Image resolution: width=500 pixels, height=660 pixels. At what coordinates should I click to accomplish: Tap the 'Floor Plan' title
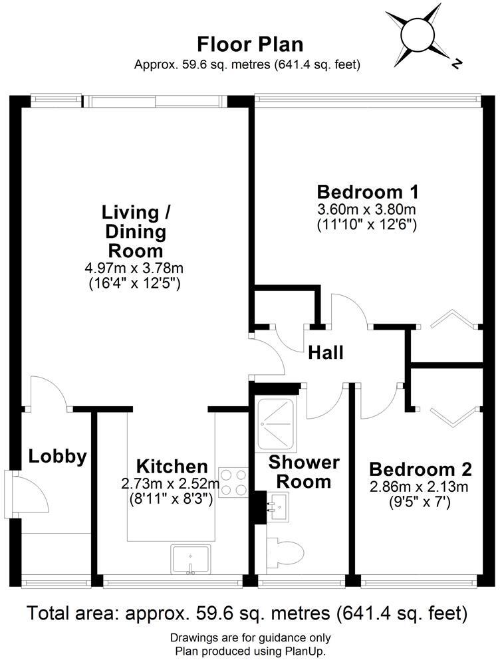click(x=250, y=45)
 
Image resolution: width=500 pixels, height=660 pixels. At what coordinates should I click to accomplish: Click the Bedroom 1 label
click(x=368, y=192)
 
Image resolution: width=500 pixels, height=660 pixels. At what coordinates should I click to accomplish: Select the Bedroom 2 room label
click(x=420, y=469)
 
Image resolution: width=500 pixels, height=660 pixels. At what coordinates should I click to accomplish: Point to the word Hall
click(x=325, y=353)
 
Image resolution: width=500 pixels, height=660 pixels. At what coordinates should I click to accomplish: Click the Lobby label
click(x=57, y=457)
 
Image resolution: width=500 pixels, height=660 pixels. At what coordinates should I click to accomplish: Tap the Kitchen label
click(x=172, y=466)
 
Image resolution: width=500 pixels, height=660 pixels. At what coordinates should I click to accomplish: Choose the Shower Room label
click(x=303, y=471)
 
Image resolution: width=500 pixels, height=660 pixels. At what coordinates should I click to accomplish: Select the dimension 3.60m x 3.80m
click(x=368, y=210)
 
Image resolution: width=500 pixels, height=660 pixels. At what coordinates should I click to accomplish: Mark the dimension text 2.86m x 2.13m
click(x=420, y=487)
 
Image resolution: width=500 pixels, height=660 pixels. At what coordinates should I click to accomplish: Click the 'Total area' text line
click(x=250, y=611)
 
